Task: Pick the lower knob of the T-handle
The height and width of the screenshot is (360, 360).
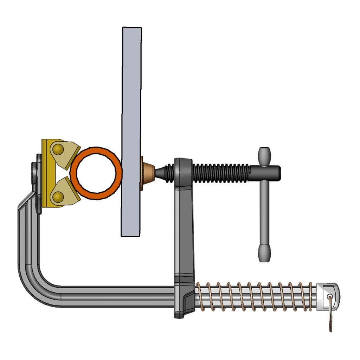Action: (x=264, y=252)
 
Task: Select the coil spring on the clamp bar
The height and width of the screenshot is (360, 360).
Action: (x=253, y=296)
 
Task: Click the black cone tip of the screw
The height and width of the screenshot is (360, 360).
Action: (x=162, y=172)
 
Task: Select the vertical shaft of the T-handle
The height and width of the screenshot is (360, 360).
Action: (x=264, y=211)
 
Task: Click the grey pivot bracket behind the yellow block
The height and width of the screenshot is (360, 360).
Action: (x=35, y=176)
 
